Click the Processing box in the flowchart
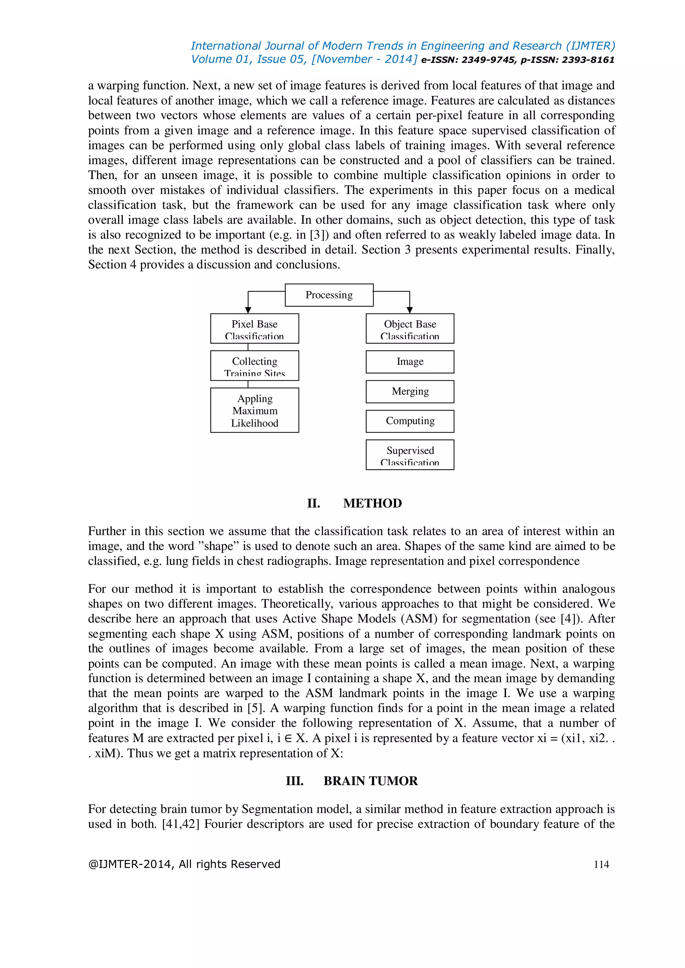(329, 295)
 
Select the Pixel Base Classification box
(254, 329)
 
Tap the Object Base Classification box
(410, 329)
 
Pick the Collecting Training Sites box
(254, 366)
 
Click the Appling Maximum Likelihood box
(254, 410)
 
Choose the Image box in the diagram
(410, 362)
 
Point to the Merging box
(410, 392)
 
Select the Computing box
(410, 421)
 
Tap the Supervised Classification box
(410, 455)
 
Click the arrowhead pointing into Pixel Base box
(248, 310)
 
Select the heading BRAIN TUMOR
(370, 781)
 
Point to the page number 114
(601, 865)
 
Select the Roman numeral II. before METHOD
(313, 503)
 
